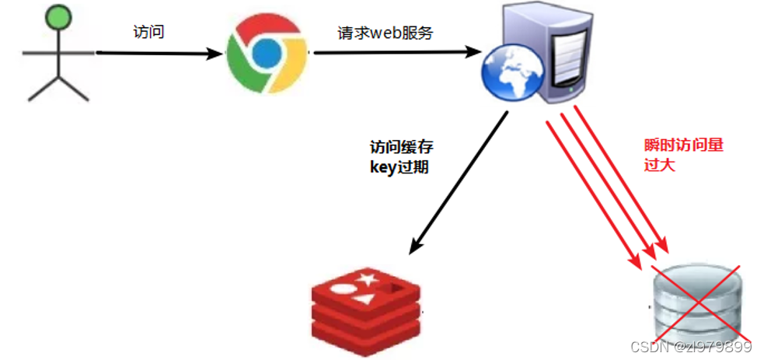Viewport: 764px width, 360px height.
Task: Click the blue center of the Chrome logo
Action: point(266,52)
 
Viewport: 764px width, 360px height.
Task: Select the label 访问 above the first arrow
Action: point(148,33)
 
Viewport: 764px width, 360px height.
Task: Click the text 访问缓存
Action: point(399,147)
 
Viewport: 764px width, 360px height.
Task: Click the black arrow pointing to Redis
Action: point(459,183)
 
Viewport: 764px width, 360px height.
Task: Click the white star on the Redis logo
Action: point(365,278)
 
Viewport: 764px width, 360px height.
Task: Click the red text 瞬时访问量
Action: point(679,146)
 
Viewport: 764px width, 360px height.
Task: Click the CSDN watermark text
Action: point(690,347)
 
